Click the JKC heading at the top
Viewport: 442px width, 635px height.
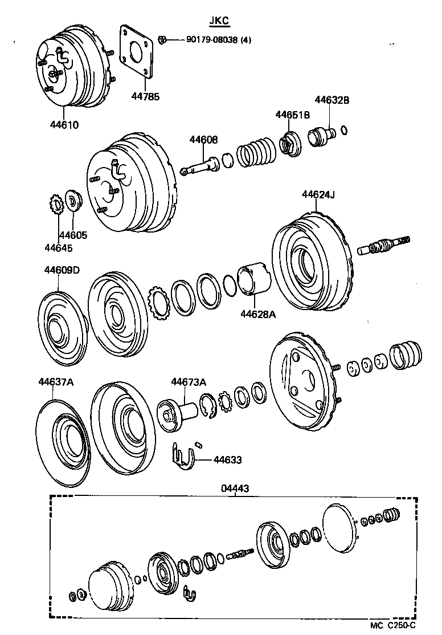218,21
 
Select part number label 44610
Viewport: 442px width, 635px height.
64,125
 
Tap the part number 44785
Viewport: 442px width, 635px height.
145,96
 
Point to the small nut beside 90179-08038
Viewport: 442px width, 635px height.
162,40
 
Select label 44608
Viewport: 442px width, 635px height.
203,140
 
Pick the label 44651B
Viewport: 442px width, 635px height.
293,115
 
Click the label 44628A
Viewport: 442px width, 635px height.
257,313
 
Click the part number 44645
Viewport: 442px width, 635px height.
59,247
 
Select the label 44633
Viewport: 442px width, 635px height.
227,459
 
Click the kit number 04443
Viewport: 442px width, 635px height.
235,489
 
